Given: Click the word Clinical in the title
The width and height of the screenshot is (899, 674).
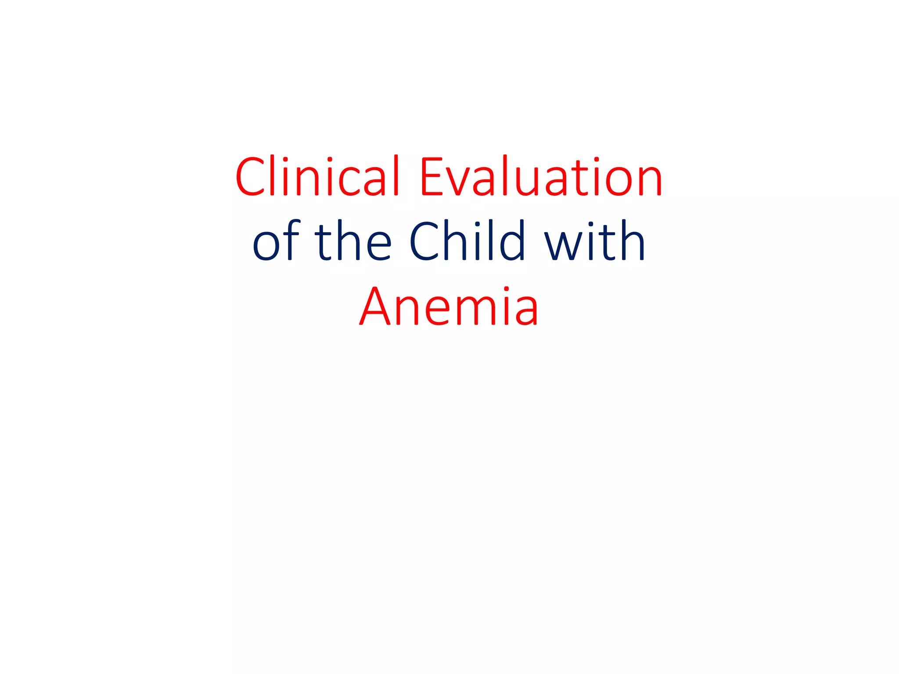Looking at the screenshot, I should (x=317, y=176).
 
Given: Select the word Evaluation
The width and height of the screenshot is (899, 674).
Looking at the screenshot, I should (x=541, y=176).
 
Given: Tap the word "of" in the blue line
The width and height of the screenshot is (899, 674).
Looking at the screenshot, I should (x=276, y=241).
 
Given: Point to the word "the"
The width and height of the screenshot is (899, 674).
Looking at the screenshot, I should (x=352, y=241).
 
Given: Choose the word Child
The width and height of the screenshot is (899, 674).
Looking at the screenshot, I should (x=467, y=241).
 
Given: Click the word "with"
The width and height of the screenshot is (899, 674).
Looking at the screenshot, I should (x=595, y=241).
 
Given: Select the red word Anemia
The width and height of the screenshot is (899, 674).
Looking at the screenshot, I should (x=449, y=306).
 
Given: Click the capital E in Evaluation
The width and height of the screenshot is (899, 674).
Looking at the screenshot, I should (x=433, y=176).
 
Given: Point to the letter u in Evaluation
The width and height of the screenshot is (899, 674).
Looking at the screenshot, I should (x=525, y=181).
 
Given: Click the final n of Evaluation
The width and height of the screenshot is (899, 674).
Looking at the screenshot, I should (x=649, y=181).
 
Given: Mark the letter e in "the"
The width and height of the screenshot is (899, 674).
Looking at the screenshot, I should (x=378, y=246).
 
